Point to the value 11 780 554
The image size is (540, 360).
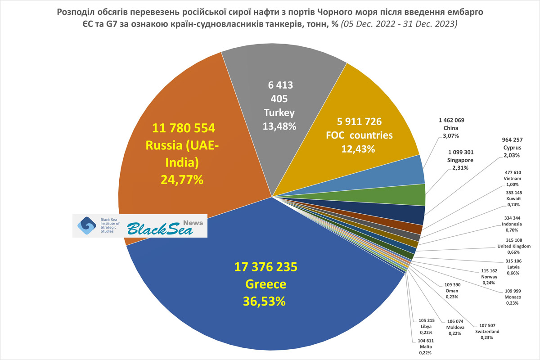tap(183, 128)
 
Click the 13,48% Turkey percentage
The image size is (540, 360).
tap(279, 126)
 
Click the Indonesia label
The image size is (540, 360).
tap(512, 224)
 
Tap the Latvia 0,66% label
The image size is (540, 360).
tap(513, 268)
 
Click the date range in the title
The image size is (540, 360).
tap(400, 24)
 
